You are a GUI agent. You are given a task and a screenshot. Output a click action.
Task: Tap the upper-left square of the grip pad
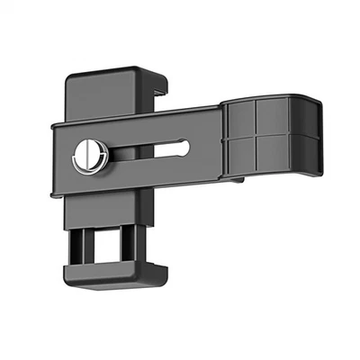(x=240, y=120)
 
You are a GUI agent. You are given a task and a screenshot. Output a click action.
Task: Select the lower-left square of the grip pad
(x=240, y=156)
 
